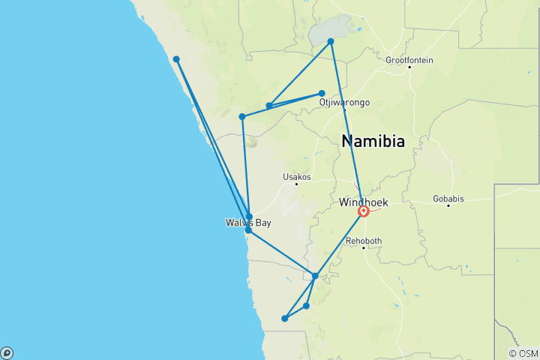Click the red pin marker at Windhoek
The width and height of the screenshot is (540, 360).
pyautogui.click(x=363, y=211)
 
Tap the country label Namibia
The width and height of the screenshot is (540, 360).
pyautogui.click(x=373, y=141)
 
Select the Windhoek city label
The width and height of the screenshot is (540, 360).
pyautogui.click(x=364, y=202)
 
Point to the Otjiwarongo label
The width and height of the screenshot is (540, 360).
pyautogui.click(x=344, y=102)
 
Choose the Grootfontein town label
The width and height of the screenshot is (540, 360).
pyautogui.click(x=409, y=60)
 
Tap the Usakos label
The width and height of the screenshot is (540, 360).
pyautogui.click(x=296, y=177)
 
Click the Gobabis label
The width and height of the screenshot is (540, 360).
pyautogui.click(x=448, y=199)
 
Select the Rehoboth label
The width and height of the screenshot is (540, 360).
pyautogui.click(x=364, y=241)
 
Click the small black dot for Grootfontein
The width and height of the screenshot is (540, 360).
pyautogui.click(x=409, y=67)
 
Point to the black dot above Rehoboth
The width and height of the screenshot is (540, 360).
pyautogui.click(x=364, y=247)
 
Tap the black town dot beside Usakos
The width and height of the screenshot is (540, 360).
pyautogui.click(x=297, y=184)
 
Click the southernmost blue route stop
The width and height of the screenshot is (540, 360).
pyautogui.click(x=284, y=319)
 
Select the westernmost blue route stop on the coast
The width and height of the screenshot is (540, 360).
pyautogui.click(x=176, y=59)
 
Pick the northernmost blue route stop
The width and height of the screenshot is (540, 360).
pyautogui.click(x=331, y=41)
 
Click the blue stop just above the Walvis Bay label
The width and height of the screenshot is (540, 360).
pyautogui.click(x=249, y=216)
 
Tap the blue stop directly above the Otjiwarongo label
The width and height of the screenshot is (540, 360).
pyautogui.click(x=322, y=94)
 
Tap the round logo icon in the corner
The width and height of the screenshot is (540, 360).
pyautogui.click(x=7, y=352)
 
